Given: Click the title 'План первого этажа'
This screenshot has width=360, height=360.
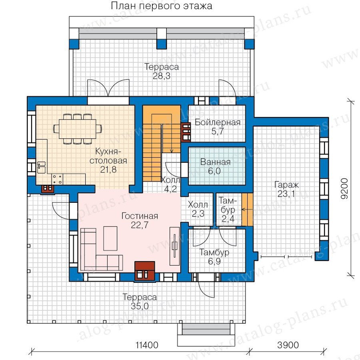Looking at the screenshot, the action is [162, 6].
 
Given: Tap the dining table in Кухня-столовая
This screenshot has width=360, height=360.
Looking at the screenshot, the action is [77, 129].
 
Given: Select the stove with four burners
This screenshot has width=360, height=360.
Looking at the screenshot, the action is [57, 179].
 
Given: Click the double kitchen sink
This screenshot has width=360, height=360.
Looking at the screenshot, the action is [41, 167].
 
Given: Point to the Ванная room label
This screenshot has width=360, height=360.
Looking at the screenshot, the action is [215, 162].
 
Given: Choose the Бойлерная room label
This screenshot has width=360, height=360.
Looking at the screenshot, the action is [218, 122].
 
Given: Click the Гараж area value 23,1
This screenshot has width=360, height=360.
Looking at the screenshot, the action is [286, 194].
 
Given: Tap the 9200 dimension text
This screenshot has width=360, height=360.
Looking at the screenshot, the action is [345, 188].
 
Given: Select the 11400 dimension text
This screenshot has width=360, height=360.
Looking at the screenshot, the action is [147, 345].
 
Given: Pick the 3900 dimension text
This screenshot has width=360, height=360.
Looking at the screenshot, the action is [288, 345].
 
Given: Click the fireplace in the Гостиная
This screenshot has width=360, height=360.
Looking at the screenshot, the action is [145, 271].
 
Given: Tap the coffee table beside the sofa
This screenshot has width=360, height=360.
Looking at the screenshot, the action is [110, 238].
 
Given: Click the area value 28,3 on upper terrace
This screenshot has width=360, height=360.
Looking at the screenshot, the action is [162, 76].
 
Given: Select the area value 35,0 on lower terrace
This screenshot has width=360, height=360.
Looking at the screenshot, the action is [140, 306].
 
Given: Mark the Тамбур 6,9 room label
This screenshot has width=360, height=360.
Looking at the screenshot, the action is [214, 257].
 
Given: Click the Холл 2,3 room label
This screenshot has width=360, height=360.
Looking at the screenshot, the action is [198, 209].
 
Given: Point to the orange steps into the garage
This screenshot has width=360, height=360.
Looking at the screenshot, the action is [247, 209].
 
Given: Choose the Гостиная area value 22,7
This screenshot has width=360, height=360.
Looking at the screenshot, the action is [140, 225].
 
